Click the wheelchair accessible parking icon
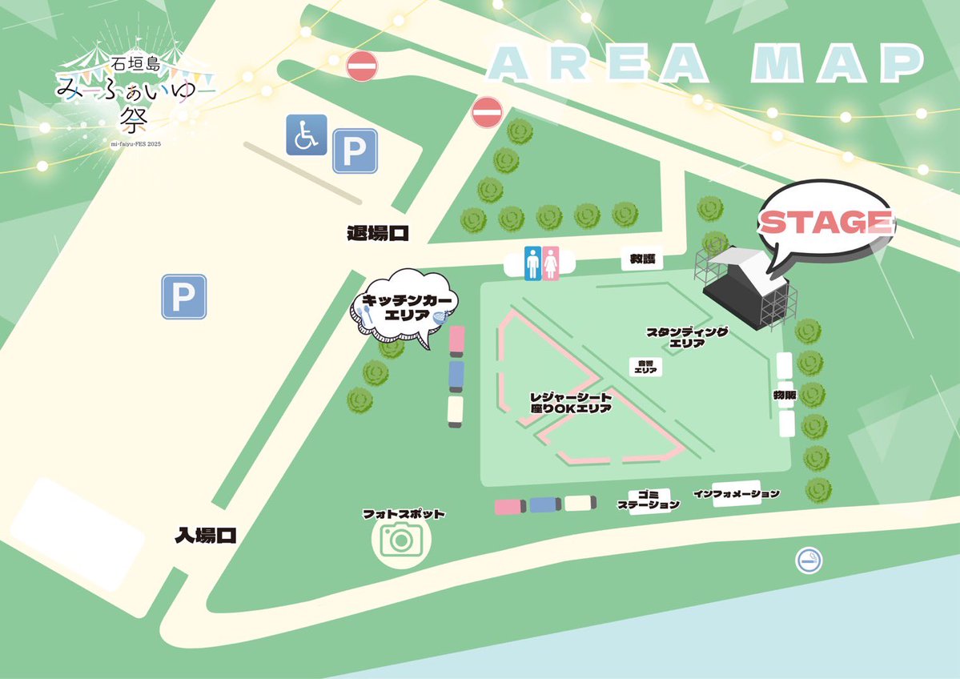(x=306, y=135)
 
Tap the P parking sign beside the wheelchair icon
(x=355, y=151)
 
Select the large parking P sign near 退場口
(x=184, y=297)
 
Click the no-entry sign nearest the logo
(x=362, y=65)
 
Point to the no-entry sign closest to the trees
(x=486, y=112)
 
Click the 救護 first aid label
(x=641, y=259)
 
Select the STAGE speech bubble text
(x=825, y=222)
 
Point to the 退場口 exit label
(x=378, y=234)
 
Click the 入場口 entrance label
(x=206, y=536)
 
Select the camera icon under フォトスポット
(x=400, y=540)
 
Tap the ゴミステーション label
(x=649, y=500)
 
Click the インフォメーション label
(x=737, y=494)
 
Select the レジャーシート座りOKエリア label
(x=572, y=402)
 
